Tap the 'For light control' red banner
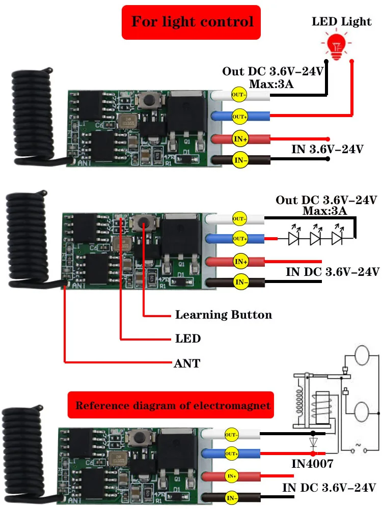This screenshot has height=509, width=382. [192, 22]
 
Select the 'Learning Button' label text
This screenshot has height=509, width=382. [223, 315]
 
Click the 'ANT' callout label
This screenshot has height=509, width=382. [187, 363]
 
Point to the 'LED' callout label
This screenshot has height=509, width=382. [187, 338]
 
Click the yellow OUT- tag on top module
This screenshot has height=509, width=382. [239, 95]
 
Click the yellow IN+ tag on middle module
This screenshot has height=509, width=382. [240, 261]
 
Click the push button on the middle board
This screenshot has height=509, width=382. [143, 222]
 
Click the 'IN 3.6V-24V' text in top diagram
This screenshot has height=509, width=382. [328, 149]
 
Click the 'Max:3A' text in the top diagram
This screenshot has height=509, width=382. [271, 83]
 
